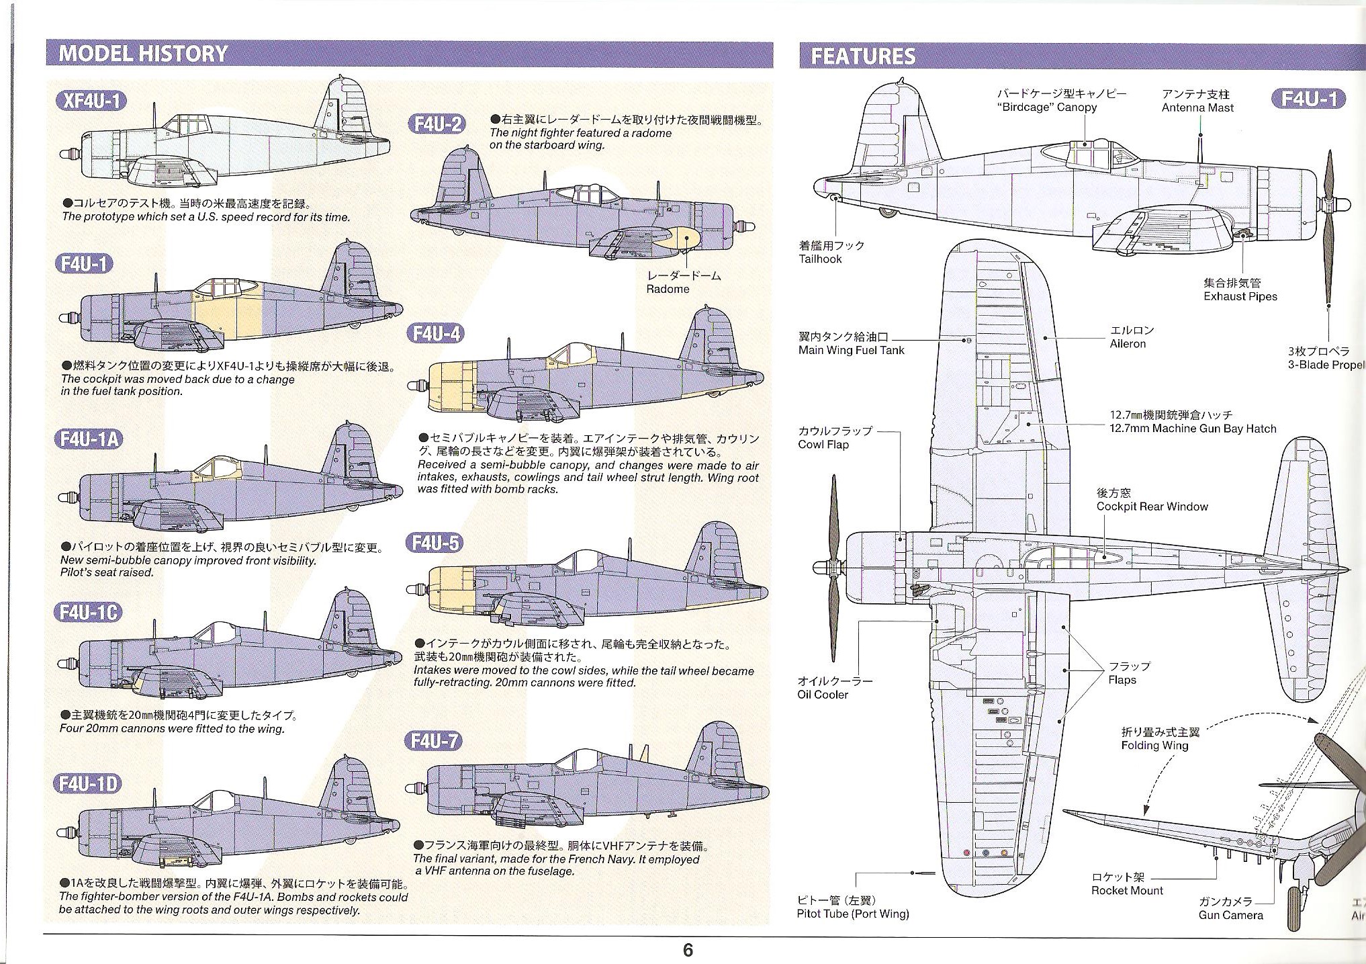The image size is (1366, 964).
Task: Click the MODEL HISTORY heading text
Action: point(143,54)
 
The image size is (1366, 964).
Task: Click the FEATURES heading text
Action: point(862,56)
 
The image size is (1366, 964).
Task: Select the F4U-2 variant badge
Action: point(437,124)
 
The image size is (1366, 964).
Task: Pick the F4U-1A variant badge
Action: point(89,439)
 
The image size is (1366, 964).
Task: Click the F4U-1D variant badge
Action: point(89,784)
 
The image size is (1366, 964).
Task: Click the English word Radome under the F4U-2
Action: point(668,290)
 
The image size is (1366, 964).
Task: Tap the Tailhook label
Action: point(820,259)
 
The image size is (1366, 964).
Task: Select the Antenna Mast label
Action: point(1197,107)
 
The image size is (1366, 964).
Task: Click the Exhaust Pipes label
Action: point(1240,296)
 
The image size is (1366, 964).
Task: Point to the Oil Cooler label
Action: point(823,695)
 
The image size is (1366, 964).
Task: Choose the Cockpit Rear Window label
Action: point(1152,507)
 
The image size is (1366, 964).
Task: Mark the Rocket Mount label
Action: point(1127,891)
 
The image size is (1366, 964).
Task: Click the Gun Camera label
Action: point(1230,915)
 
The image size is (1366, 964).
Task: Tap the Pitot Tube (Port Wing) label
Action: point(852,914)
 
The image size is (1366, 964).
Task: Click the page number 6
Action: point(688,950)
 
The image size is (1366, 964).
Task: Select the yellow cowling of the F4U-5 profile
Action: point(451,583)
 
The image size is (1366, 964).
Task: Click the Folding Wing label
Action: point(1154,745)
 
